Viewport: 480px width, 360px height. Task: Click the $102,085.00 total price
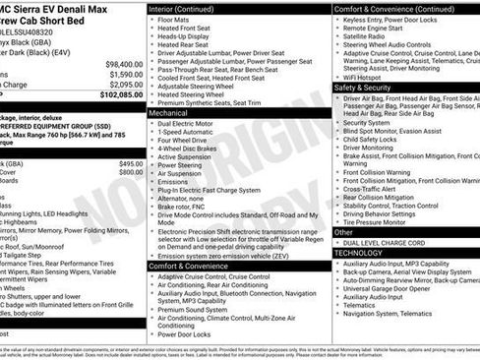(117, 95)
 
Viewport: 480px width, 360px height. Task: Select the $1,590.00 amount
(123, 74)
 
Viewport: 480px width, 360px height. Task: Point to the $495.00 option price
(131, 163)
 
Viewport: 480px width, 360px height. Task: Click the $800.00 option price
(131, 172)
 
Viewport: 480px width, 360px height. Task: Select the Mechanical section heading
(168, 113)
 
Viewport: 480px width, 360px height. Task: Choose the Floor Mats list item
(174, 19)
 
